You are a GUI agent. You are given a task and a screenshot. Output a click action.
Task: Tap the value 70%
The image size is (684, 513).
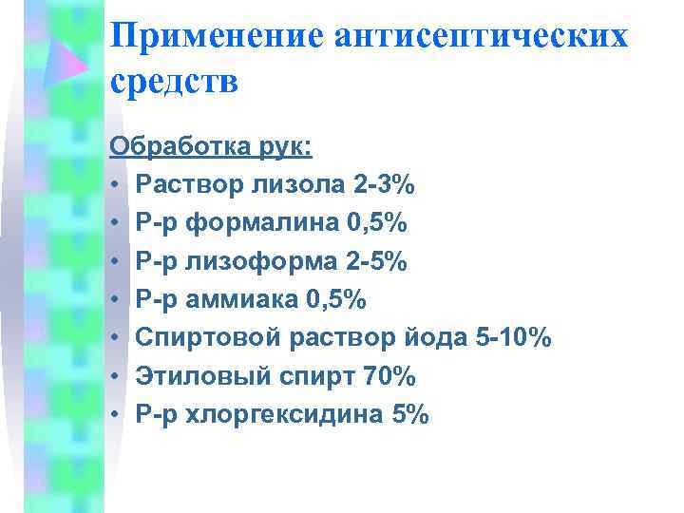click(x=389, y=377)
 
